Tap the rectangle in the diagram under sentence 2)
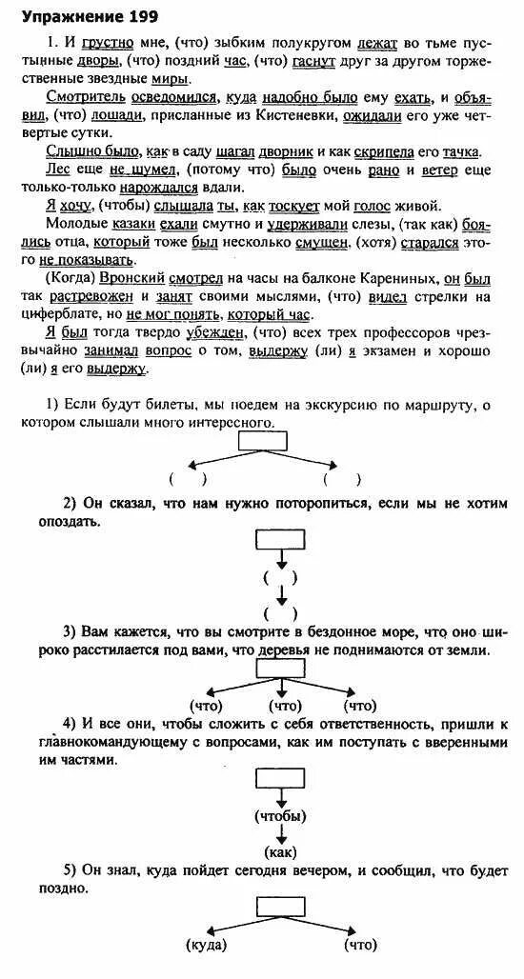pyautogui.click(x=279, y=538)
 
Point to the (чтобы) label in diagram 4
pyautogui.click(x=279, y=816)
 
